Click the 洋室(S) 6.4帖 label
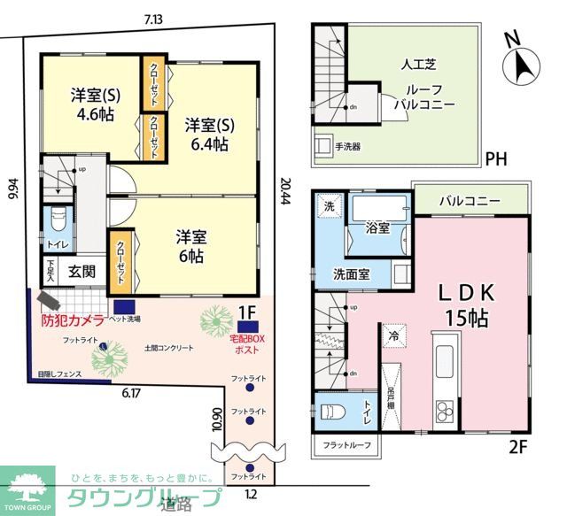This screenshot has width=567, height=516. coord(207,135)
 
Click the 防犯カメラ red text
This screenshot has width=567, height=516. coord(74,320)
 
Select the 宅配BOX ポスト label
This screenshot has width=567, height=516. coord(247,343)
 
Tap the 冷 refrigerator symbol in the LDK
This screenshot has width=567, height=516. coord(391,335)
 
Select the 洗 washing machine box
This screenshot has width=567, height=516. coord(328,207)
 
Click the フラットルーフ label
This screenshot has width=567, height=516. coord(346,443)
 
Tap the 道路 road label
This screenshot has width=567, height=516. coord(178,504)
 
